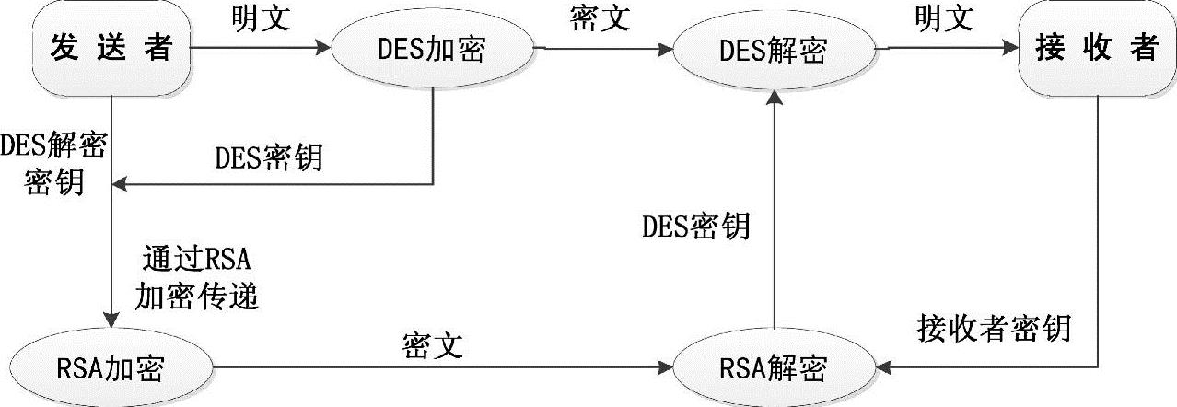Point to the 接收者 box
[x=1096, y=49]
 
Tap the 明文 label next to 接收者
[x=944, y=18]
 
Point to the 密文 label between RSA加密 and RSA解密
[x=432, y=345]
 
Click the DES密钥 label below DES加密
[x=268, y=158]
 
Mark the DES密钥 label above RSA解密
[x=695, y=226]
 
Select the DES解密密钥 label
[x=53, y=163]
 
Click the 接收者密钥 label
[x=995, y=327]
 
